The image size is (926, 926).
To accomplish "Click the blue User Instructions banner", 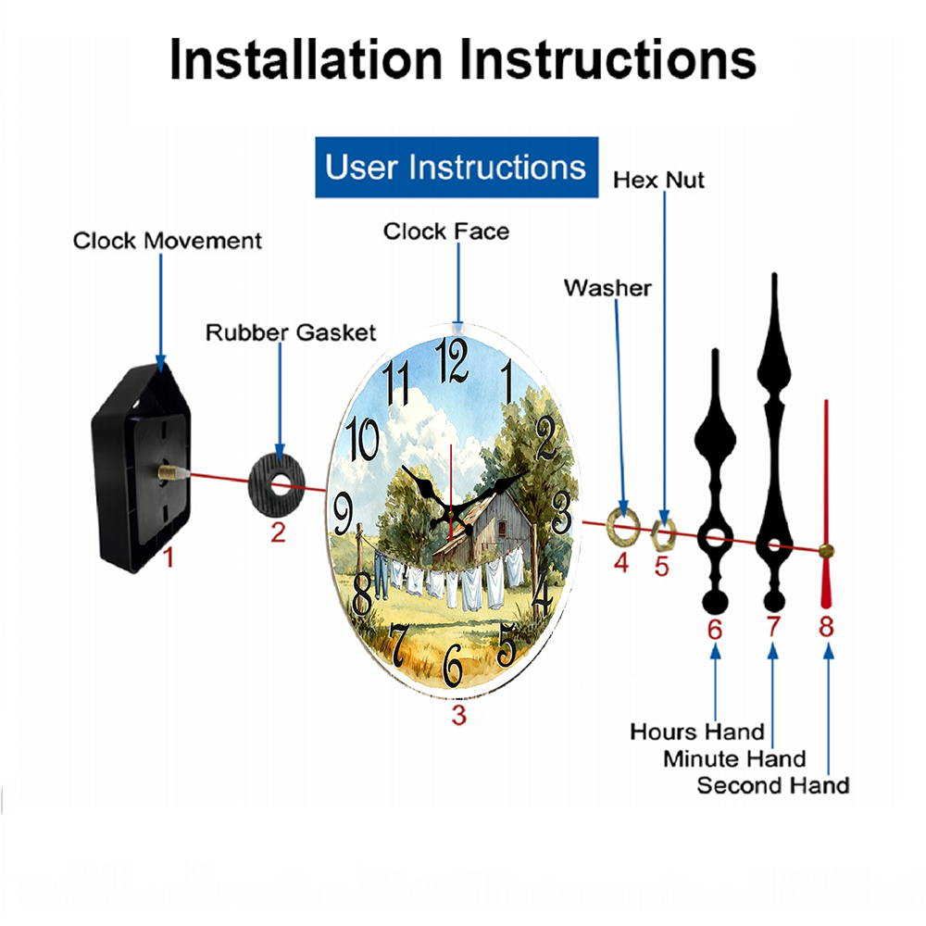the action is (x=457, y=167).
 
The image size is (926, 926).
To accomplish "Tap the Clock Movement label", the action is (x=167, y=241).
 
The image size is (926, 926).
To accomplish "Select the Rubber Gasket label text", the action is (x=291, y=332).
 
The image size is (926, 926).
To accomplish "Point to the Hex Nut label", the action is (x=658, y=181).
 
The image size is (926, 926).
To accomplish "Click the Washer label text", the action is (x=607, y=288).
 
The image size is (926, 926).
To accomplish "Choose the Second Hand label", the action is (x=773, y=785).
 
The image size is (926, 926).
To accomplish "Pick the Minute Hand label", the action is (x=734, y=758).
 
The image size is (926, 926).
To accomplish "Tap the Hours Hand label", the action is (x=697, y=732).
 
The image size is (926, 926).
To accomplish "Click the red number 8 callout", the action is (x=826, y=626).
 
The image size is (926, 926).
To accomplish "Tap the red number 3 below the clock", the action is (x=459, y=715).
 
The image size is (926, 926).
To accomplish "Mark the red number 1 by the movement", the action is (x=169, y=557).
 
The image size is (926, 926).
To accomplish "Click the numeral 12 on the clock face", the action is (x=452, y=360).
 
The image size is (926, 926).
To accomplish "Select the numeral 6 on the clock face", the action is (x=453, y=665).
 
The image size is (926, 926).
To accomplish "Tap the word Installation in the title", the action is (x=306, y=59).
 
